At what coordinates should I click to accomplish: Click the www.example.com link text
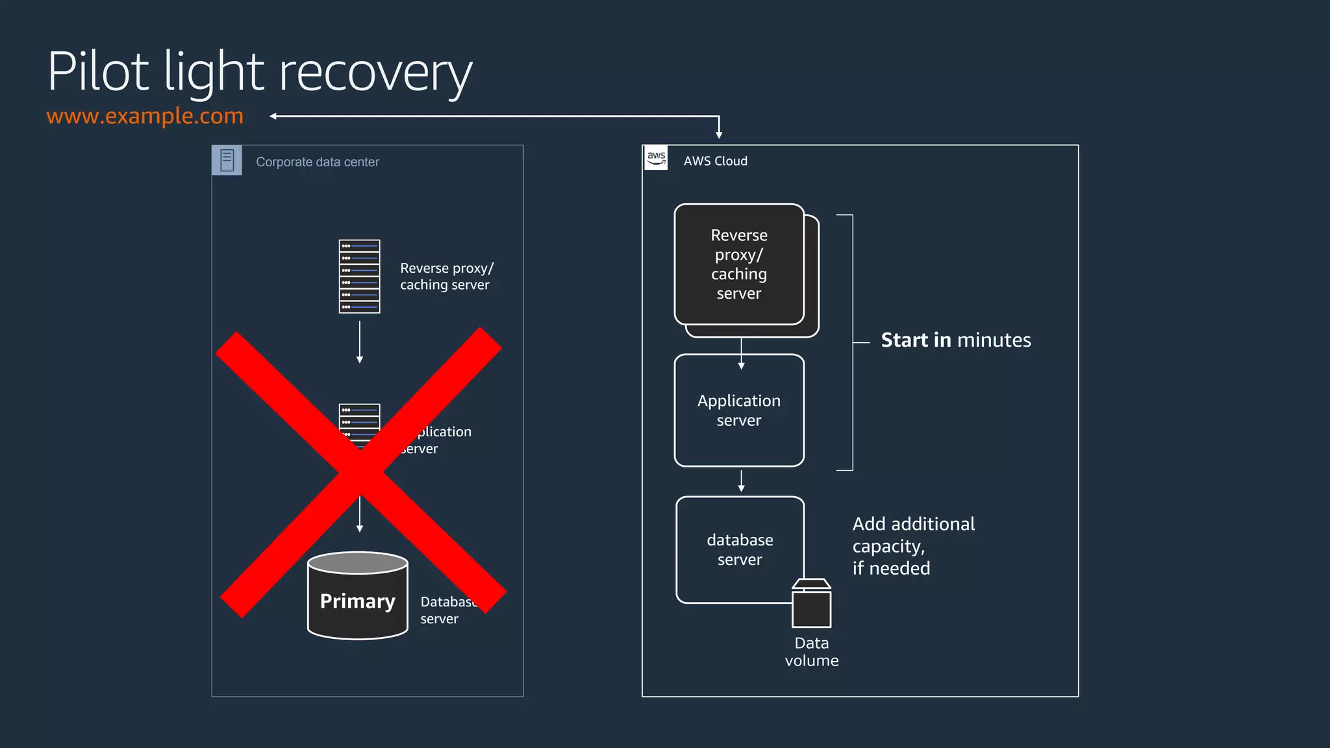[x=145, y=116]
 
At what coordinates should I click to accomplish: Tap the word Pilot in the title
[x=98, y=71]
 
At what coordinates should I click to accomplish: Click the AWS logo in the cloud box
[x=656, y=158]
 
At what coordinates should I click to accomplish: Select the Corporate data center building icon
[x=227, y=160]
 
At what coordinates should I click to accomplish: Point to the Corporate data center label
[x=317, y=162]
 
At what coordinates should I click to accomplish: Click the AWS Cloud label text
[x=715, y=161]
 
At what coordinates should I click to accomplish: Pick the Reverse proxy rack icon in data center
[x=359, y=277]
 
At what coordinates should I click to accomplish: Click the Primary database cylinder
[x=357, y=595]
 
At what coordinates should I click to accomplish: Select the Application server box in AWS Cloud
[x=739, y=410]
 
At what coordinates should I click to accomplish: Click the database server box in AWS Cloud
[x=740, y=549]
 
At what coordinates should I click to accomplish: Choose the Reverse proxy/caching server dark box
[x=739, y=264]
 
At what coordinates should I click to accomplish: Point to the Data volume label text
[x=811, y=652]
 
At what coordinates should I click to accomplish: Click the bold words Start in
[x=916, y=340]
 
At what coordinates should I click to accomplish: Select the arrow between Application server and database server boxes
[x=741, y=481]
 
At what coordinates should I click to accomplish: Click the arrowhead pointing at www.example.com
[x=274, y=116]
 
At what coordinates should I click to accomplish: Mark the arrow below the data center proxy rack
[x=359, y=342]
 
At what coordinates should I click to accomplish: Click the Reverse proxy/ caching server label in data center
[x=446, y=277]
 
